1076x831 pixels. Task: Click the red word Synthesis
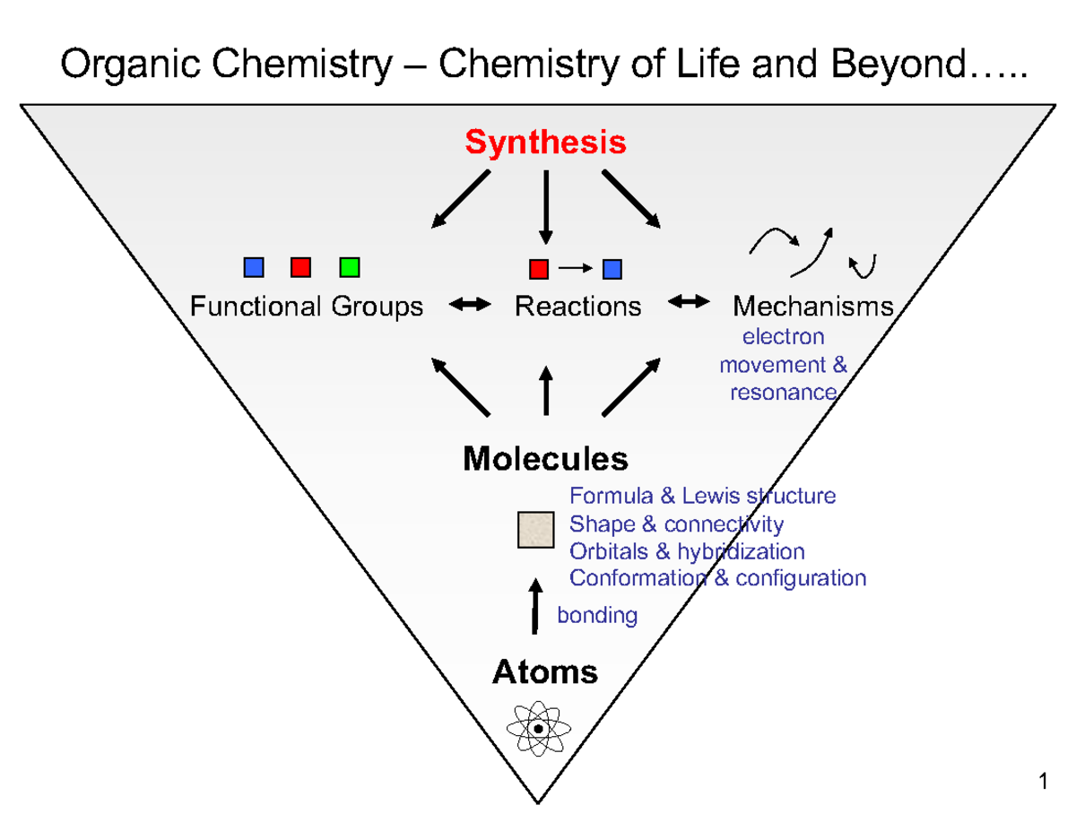[545, 143]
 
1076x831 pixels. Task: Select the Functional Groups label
[306, 307]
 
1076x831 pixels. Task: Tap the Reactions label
[577, 307]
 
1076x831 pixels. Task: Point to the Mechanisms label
[813, 307]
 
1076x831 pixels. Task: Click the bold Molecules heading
[545, 459]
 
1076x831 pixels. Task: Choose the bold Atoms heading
[545, 671]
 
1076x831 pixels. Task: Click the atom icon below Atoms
[538, 729]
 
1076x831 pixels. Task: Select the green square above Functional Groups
[350, 266]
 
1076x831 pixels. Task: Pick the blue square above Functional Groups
[254, 266]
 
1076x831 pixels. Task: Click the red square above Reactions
[538, 268]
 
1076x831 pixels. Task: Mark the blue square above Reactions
[612, 268]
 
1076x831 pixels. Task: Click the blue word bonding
[597, 615]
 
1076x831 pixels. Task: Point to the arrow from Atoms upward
[536, 606]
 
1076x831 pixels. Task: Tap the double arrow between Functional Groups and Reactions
[469, 305]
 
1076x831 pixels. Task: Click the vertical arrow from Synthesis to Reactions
[545, 206]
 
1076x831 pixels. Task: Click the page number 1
[1043, 783]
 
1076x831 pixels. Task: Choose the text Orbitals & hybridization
[687, 550]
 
